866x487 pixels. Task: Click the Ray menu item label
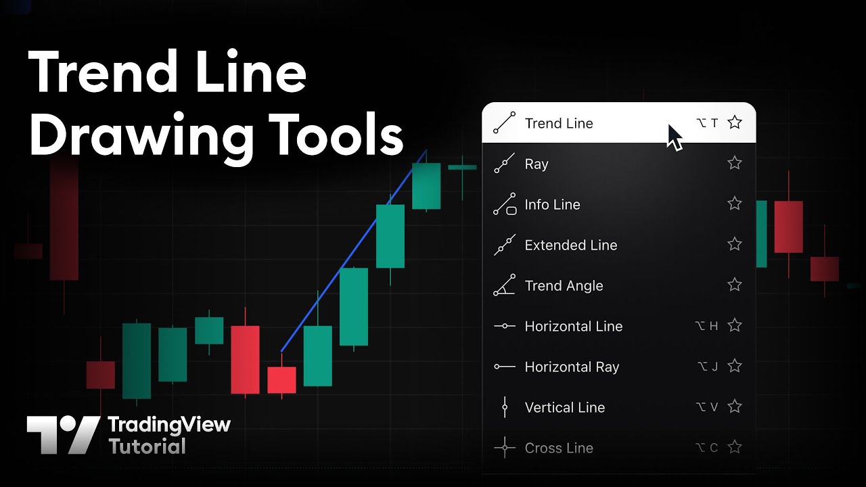[537, 164]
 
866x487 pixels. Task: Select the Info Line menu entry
[552, 204]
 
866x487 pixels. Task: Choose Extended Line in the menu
[570, 245]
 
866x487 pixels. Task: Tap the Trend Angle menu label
[564, 285]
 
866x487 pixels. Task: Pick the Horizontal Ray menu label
[572, 367]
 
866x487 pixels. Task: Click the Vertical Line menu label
[564, 407]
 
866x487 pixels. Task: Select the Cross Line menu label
[559, 448]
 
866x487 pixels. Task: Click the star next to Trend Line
[735, 122]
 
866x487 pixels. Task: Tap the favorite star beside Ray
[735, 163]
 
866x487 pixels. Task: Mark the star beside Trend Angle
[735, 285]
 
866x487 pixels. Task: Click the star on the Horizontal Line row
[735, 325]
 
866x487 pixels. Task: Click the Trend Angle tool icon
[505, 285]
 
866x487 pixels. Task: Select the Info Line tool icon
[505, 204]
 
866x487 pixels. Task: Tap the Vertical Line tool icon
[505, 407]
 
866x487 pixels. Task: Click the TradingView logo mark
[64, 435]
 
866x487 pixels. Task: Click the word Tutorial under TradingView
[147, 446]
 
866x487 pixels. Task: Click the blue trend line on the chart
[354, 250]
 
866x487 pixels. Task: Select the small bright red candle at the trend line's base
[282, 380]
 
